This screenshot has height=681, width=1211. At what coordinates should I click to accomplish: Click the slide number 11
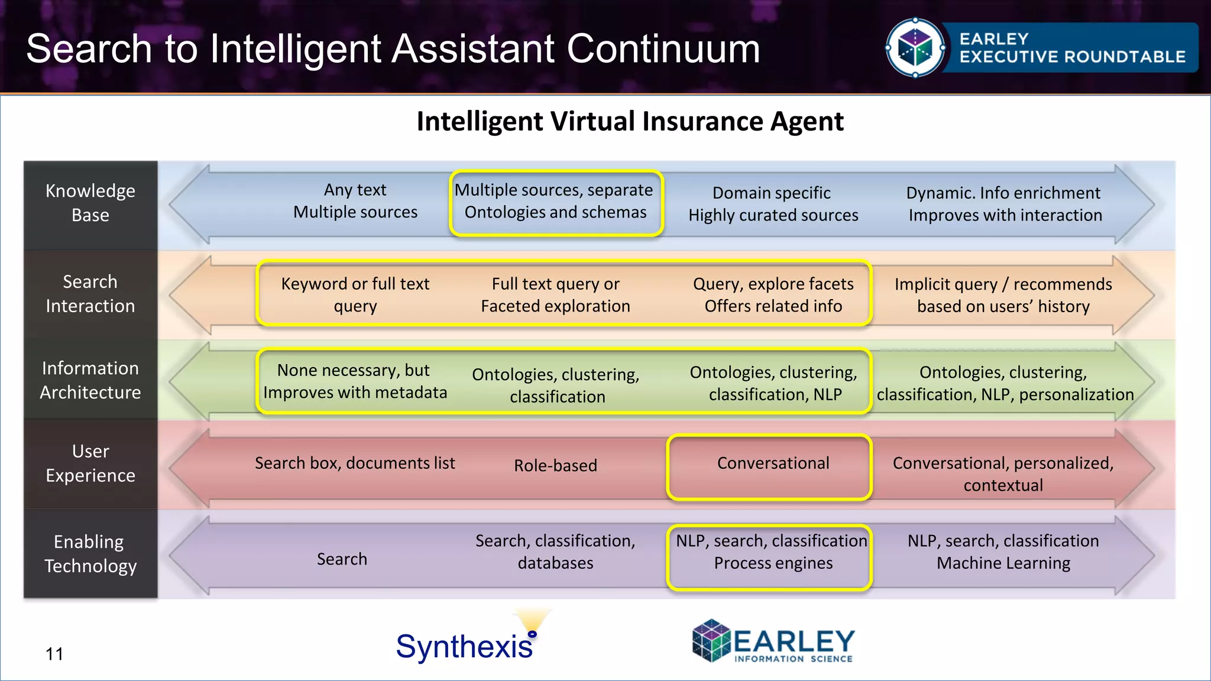54,654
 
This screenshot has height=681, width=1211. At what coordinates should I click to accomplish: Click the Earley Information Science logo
773,642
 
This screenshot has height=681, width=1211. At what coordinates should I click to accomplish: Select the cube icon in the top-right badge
915,48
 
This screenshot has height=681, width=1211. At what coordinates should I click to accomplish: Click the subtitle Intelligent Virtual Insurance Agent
630,122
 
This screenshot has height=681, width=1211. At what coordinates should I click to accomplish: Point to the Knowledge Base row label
90,203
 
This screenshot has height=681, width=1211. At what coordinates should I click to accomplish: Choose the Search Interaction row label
90,294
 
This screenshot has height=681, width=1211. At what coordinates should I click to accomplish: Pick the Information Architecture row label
90,380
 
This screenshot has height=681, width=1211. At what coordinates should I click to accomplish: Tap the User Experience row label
90,463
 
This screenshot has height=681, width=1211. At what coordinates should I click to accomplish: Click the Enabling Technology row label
90,554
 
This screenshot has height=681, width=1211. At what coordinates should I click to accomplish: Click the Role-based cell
555,466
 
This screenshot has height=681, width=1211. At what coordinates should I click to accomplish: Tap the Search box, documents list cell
355,463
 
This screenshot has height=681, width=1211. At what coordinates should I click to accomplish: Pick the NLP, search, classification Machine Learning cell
1003,552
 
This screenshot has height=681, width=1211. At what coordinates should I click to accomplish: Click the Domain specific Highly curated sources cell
773,204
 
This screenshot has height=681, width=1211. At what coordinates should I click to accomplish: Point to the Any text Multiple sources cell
355,201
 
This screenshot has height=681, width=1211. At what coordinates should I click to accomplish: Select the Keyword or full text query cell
355,295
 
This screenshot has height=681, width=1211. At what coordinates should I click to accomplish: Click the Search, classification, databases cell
555,552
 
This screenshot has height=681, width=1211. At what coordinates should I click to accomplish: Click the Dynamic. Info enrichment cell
1005,204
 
